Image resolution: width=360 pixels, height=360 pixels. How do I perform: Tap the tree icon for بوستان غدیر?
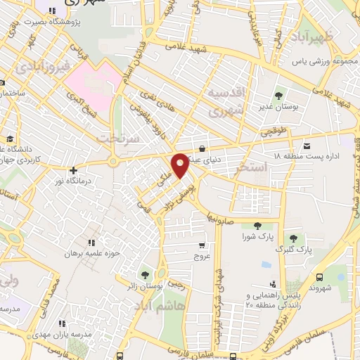click(279, 94)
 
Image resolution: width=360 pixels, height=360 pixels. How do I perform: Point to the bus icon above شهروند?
click(320, 278)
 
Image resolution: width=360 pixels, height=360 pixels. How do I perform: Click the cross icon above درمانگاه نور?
click(73, 170)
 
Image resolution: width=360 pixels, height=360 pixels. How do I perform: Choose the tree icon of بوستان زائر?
click(145, 274)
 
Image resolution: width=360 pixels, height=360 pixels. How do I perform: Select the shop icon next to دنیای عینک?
click(202, 148)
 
